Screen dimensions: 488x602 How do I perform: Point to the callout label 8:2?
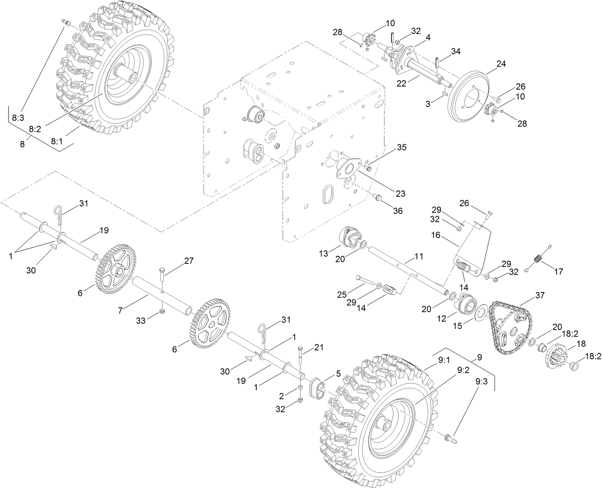(x=35, y=129)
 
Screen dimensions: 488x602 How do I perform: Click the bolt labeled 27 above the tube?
(x=162, y=277)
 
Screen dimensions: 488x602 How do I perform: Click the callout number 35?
(x=401, y=148)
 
